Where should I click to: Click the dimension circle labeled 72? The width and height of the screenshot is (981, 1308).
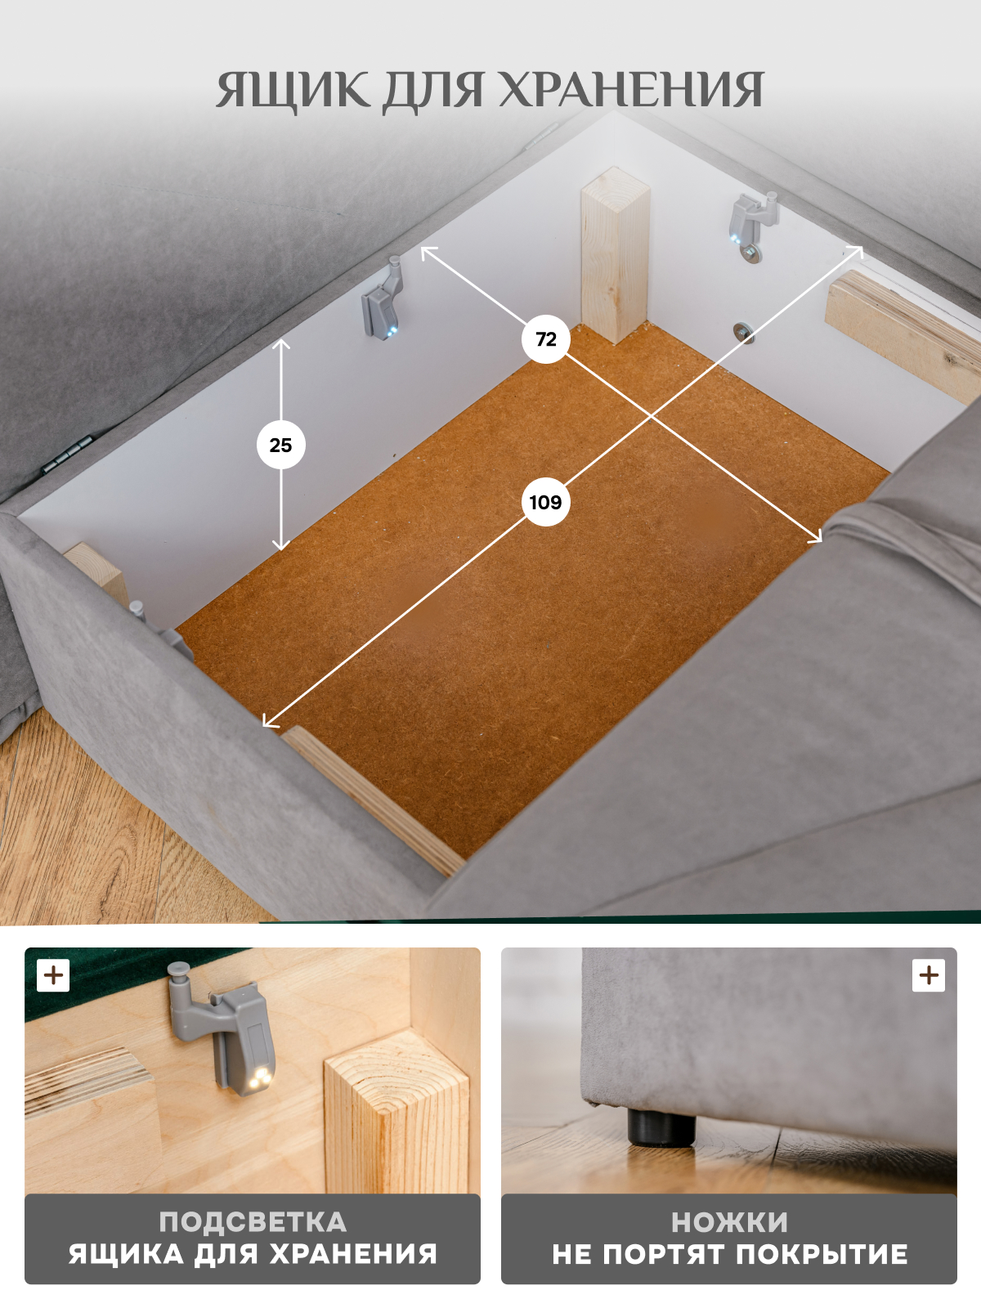pos(545,339)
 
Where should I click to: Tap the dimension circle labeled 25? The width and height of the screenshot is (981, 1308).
pos(280,446)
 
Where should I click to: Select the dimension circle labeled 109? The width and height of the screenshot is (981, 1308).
pos(545,502)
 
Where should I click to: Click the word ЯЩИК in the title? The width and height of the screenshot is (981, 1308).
pos(293,91)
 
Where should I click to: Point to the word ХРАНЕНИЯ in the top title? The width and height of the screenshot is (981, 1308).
pos(631,89)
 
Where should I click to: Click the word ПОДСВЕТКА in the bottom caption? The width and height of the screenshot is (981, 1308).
pos(253,1222)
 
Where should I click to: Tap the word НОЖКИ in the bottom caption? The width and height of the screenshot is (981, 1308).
pos(729,1222)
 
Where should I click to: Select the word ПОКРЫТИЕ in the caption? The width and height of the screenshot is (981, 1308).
pos(822,1254)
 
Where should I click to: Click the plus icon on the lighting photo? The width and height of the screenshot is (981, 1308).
pos(53,975)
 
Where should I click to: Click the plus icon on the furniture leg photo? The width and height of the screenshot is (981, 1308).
pos(929,975)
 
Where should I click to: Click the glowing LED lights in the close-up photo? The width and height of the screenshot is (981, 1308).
pos(260,1076)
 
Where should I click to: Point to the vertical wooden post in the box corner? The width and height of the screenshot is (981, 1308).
pos(615,255)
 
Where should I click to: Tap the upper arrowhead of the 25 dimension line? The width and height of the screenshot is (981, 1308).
pos(281,344)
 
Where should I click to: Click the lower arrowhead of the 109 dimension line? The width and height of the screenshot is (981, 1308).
pos(269,721)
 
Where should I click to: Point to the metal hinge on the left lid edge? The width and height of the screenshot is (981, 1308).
pos(68,454)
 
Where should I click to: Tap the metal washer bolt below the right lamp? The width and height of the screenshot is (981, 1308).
pos(743,333)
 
